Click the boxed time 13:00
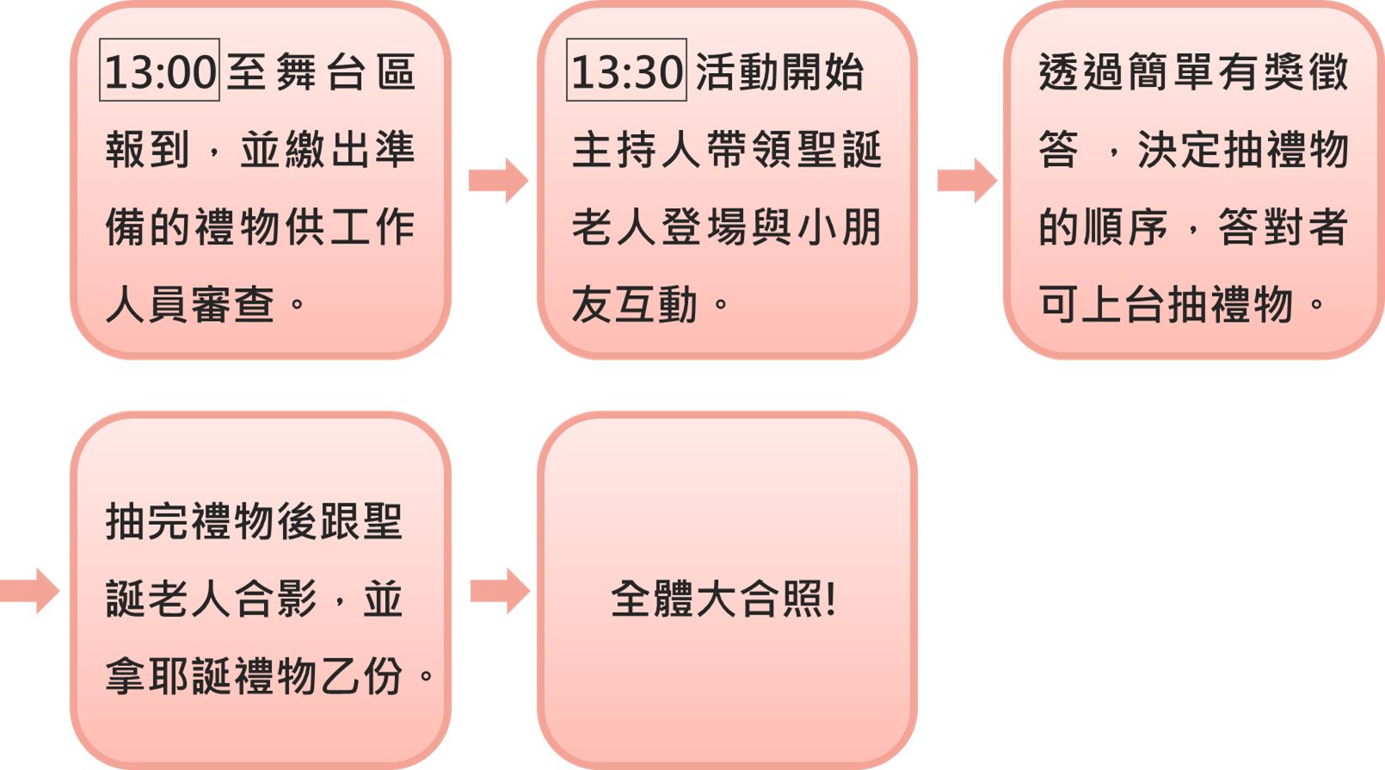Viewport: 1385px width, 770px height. (160, 71)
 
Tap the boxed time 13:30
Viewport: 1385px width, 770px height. (626, 71)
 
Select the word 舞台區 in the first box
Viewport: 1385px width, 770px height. (346, 71)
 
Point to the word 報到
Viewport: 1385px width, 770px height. (147, 150)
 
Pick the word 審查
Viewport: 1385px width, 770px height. (232, 305)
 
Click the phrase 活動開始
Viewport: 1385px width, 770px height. (779, 71)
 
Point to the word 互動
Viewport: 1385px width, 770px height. (656, 305)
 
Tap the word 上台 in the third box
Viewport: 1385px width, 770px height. (1103, 305)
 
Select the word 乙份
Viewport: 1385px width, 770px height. (361, 676)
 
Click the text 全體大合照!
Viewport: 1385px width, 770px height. (723, 599)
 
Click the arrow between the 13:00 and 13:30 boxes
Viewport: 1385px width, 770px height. (498, 181)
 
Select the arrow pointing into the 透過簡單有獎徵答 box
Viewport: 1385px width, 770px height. (966, 181)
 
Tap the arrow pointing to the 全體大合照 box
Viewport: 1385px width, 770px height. (499, 591)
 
